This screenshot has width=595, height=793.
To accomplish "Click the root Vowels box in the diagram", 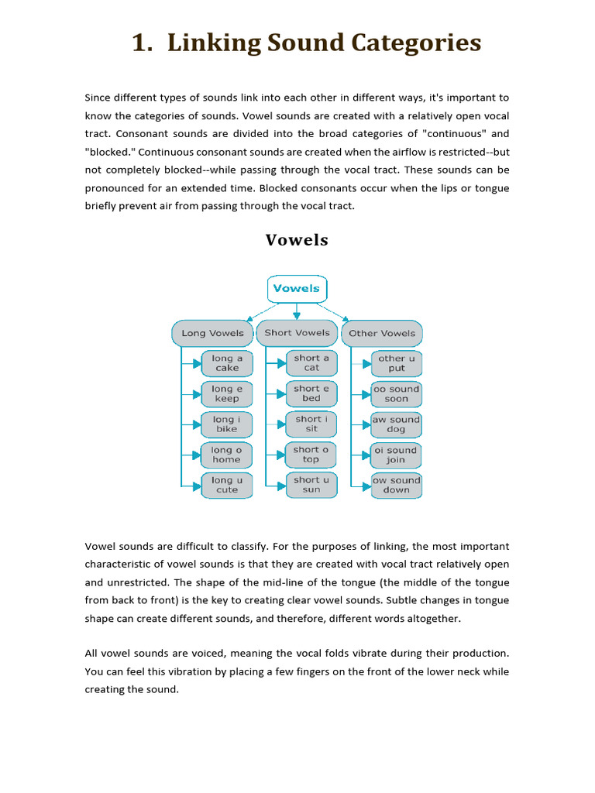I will pyautogui.click(x=297, y=289).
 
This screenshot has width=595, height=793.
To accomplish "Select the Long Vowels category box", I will pyautogui.click(x=212, y=333).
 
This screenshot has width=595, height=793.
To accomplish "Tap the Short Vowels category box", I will pyautogui.click(x=297, y=333).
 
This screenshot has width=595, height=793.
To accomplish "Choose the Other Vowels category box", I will pyautogui.click(x=382, y=333).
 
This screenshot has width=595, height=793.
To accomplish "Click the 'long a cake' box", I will pyautogui.click(x=227, y=363).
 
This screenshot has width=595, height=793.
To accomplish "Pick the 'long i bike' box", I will pyautogui.click(x=227, y=424).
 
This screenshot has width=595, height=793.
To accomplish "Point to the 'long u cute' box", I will pyautogui.click(x=227, y=485).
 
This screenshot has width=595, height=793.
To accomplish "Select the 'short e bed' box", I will pyautogui.click(x=311, y=393).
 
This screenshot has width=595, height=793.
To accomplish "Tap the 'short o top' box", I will pyautogui.click(x=311, y=454).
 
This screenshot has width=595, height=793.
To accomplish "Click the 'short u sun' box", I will pyautogui.click(x=311, y=485).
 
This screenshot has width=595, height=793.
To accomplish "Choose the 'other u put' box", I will pyautogui.click(x=397, y=363).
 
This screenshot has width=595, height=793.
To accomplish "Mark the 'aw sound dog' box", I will pyautogui.click(x=397, y=424).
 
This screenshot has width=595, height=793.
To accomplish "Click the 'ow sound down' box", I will pyautogui.click(x=397, y=485).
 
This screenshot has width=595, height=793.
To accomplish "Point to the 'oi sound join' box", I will pyautogui.click(x=397, y=455).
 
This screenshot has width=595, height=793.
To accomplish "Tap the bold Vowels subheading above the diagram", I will pyautogui.click(x=297, y=240).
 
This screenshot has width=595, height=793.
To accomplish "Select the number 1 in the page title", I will pyautogui.click(x=139, y=43).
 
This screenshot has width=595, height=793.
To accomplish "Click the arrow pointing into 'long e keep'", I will pyautogui.click(x=194, y=393).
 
